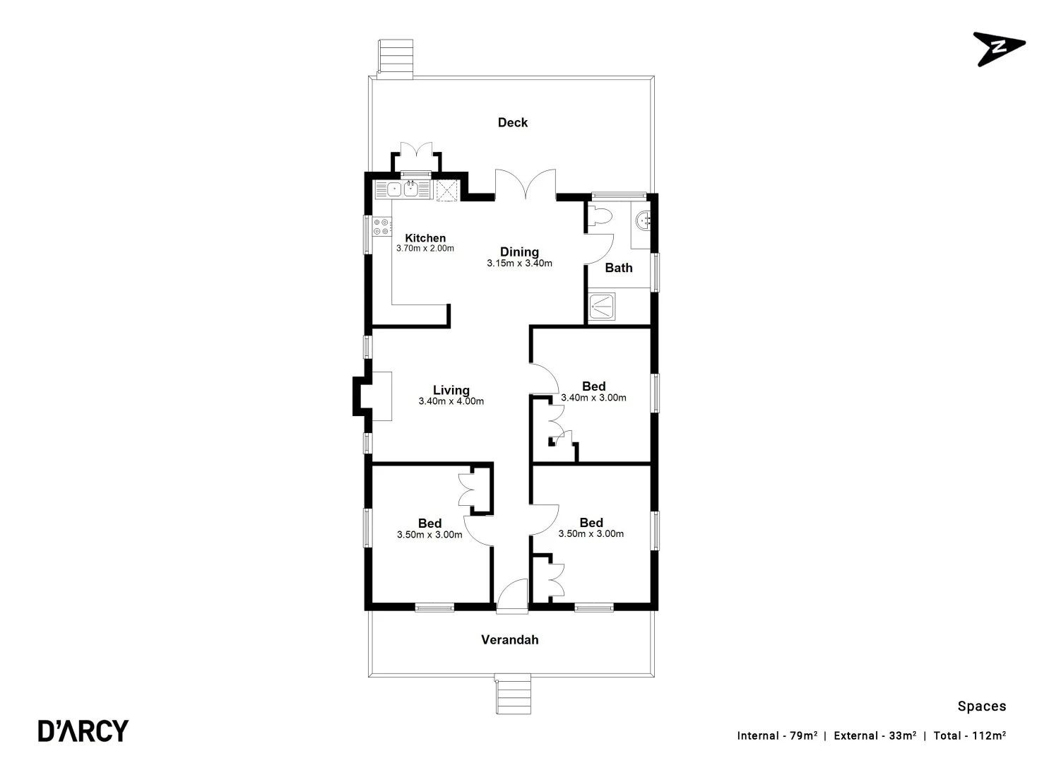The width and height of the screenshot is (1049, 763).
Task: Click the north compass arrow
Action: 998,48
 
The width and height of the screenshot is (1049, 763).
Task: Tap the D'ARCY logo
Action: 83,731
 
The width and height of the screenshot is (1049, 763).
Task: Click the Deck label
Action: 512,122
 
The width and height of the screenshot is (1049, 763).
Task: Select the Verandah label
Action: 509,639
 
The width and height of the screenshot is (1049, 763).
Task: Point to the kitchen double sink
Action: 402,189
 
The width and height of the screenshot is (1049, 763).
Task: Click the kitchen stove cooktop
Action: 381,227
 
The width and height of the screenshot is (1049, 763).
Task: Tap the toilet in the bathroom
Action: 600,215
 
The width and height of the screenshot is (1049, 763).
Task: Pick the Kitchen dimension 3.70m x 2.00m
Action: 425,249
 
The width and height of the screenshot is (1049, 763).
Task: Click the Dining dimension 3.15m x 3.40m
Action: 519,264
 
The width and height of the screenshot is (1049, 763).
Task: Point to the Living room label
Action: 451,390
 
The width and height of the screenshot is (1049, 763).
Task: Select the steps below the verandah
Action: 512,694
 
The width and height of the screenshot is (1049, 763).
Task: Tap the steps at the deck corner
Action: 396,56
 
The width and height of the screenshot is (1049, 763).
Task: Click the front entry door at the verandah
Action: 512,595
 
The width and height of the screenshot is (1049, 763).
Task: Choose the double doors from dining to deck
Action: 525,185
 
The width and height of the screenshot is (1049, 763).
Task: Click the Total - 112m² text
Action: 969,735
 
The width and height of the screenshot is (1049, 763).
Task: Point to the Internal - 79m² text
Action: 777,735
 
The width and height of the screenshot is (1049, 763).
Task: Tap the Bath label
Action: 619,268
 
